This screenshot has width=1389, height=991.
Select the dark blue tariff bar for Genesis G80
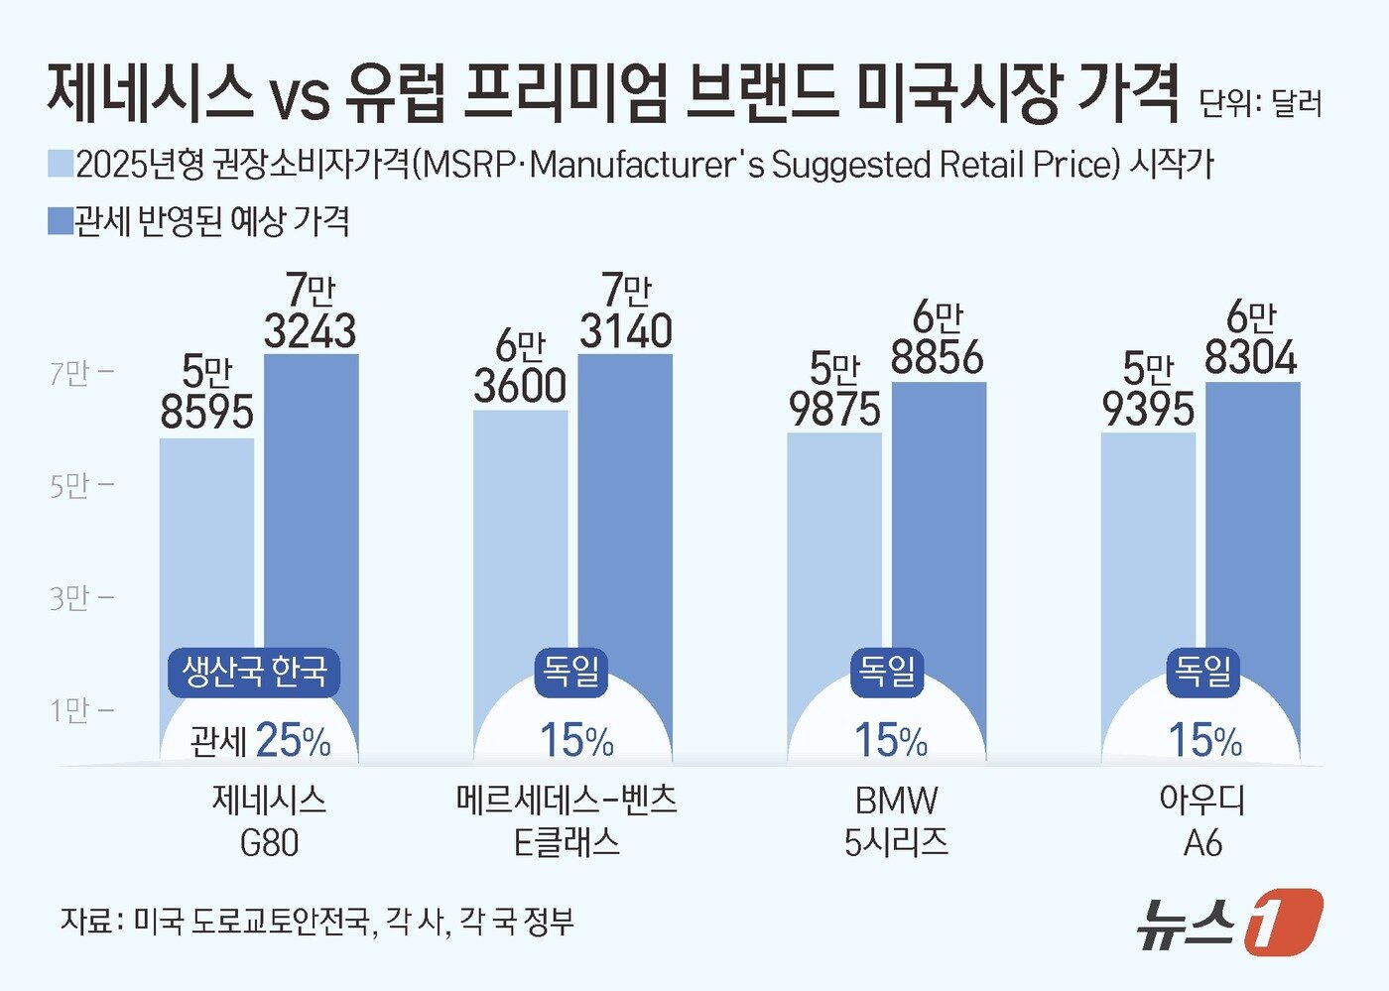(x=311, y=496)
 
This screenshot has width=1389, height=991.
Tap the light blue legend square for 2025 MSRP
(x=61, y=164)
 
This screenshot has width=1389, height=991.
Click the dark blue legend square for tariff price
(x=61, y=221)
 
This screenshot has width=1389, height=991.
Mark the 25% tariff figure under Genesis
(x=293, y=740)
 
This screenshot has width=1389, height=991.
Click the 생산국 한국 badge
(x=254, y=672)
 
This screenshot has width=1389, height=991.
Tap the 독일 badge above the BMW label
(x=887, y=671)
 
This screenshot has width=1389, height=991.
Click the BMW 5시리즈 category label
(x=896, y=821)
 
